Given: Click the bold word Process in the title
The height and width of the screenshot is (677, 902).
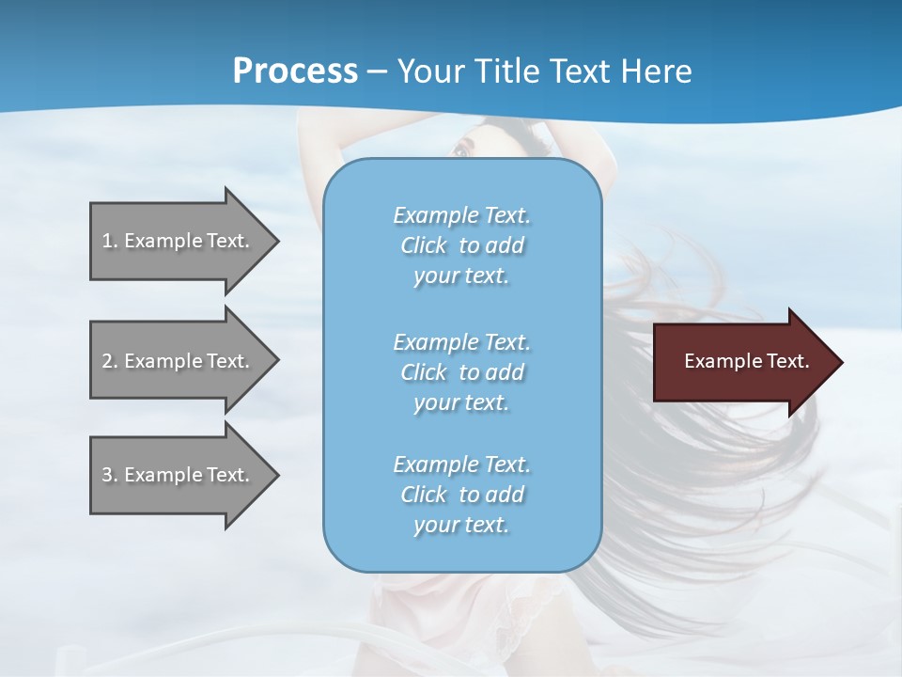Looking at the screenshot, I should (295, 71).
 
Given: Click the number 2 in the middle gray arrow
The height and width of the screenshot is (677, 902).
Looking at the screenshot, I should (107, 361).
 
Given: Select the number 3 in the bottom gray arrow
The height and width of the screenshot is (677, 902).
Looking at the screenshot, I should (107, 475).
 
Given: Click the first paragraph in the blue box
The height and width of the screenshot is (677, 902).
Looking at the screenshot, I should (461, 245).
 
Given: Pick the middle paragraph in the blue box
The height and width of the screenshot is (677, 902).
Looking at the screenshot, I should (461, 372).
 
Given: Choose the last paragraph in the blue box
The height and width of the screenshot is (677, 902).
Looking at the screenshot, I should (461, 495).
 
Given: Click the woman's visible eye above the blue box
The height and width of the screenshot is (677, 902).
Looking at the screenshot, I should (460, 150).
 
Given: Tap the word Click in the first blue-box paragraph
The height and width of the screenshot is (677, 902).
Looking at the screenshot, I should (423, 245).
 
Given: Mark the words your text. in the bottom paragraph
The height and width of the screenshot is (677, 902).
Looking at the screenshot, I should (461, 525).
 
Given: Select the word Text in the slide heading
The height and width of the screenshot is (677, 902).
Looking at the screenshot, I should (579, 71).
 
